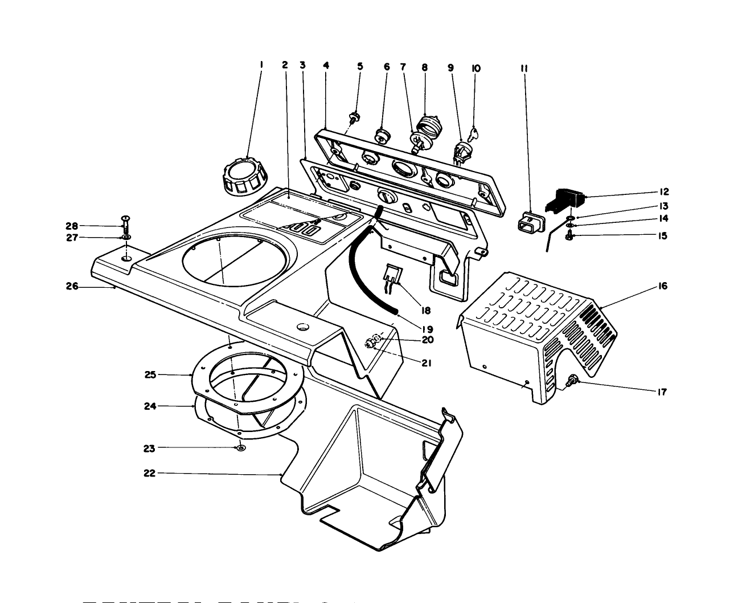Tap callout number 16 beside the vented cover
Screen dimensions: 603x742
(663, 286)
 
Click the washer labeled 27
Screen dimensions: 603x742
(126, 237)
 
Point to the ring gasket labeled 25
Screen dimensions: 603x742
(236, 382)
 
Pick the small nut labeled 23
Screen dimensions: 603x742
(241, 448)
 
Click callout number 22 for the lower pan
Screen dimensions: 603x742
(149, 473)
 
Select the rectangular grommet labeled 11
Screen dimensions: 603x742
(530, 222)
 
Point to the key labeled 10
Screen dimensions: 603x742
(474, 135)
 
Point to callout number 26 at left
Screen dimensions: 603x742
(72, 286)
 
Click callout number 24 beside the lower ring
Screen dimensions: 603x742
(149, 406)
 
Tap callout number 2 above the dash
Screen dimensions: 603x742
(285, 65)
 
